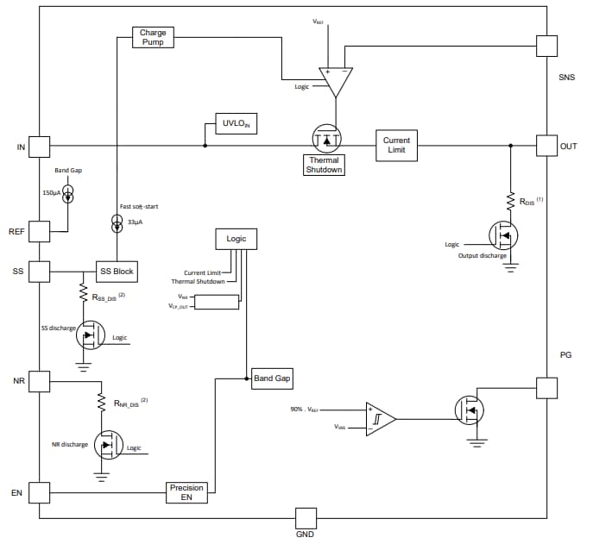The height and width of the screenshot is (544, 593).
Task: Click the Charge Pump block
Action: click(153, 37)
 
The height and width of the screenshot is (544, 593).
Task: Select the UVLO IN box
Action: click(237, 123)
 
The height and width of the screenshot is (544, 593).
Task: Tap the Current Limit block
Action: click(396, 146)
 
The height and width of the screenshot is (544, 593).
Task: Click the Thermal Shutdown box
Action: click(324, 165)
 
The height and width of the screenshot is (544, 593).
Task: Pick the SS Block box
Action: click(117, 272)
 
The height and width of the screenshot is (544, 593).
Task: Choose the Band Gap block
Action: click(271, 378)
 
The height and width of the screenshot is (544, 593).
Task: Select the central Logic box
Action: click(237, 239)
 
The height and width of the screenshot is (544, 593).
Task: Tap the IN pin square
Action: click(40, 146)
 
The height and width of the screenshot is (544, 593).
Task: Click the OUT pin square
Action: click(546, 146)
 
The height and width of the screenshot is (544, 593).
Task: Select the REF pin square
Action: click(40, 231)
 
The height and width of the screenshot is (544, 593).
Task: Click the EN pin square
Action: click(40, 492)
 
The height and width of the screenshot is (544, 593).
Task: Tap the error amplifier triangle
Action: click(336, 82)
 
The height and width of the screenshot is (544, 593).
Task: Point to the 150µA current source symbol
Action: click(68, 193)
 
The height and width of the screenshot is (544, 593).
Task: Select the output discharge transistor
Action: click(505, 236)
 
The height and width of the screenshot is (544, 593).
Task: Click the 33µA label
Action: click(135, 222)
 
